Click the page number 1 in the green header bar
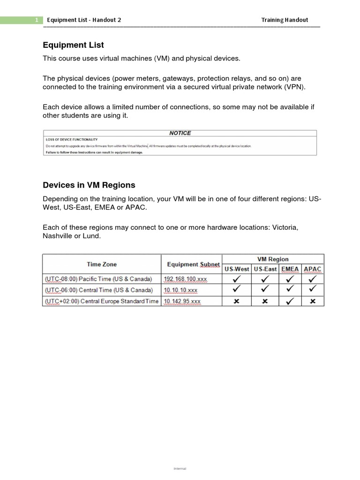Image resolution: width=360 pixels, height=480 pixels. tap(37, 20)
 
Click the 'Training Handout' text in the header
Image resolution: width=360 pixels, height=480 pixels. tap(285, 20)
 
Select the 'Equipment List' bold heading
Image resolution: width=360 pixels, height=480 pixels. tap(73, 45)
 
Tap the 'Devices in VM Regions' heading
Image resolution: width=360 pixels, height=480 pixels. tap(89, 185)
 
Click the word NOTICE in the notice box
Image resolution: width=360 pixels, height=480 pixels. tap(180, 133)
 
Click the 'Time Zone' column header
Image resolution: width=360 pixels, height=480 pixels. tap(102, 264)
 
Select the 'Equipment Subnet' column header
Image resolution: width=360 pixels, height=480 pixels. tap(193, 264)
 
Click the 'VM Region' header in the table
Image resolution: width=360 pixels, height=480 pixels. tap(273, 259)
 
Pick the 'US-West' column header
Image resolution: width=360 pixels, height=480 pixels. tap(237, 270)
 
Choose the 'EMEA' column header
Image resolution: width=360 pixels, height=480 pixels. tap(290, 270)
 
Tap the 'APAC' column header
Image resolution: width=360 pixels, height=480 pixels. tap(313, 270)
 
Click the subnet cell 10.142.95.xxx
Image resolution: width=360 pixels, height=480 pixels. tap(182, 301)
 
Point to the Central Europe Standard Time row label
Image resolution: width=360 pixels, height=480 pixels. tap(102, 301)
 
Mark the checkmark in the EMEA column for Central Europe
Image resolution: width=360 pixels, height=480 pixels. tap(290, 301)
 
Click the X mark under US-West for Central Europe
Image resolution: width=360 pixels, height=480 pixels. tap(237, 301)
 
